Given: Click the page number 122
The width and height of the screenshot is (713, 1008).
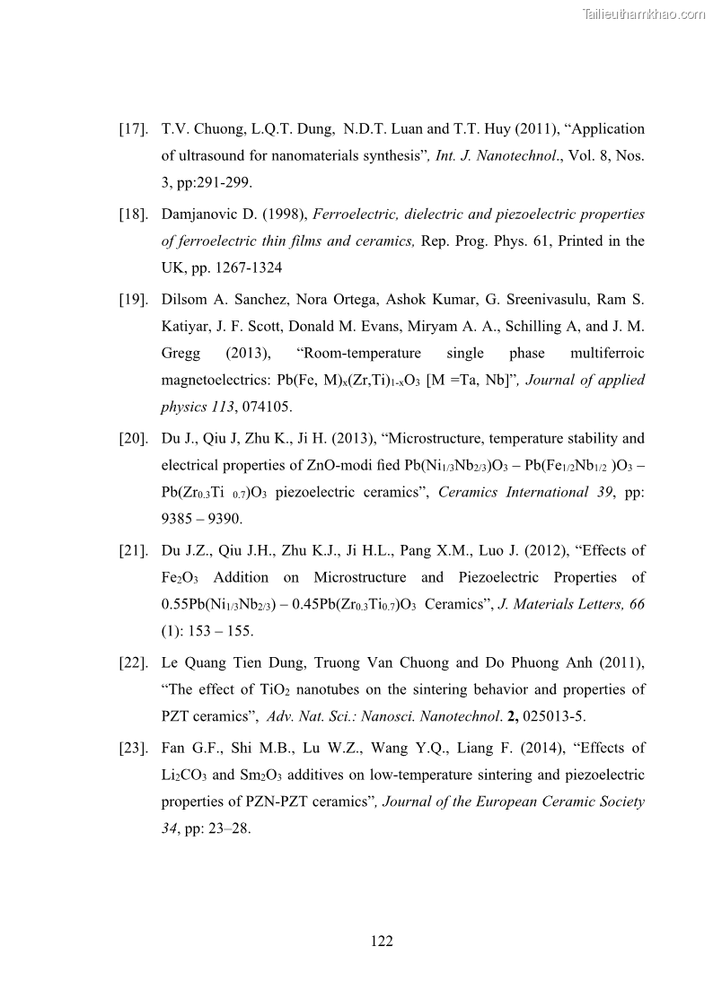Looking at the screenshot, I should tap(382, 941).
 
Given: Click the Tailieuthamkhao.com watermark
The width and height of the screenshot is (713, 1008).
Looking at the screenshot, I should tap(644, 13).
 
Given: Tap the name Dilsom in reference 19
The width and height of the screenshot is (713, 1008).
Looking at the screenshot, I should tap(185, 299).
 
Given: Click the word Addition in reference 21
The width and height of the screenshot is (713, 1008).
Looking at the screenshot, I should tap(245, 577).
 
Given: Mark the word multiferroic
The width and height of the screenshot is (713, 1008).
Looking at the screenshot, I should tap(607, 353).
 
